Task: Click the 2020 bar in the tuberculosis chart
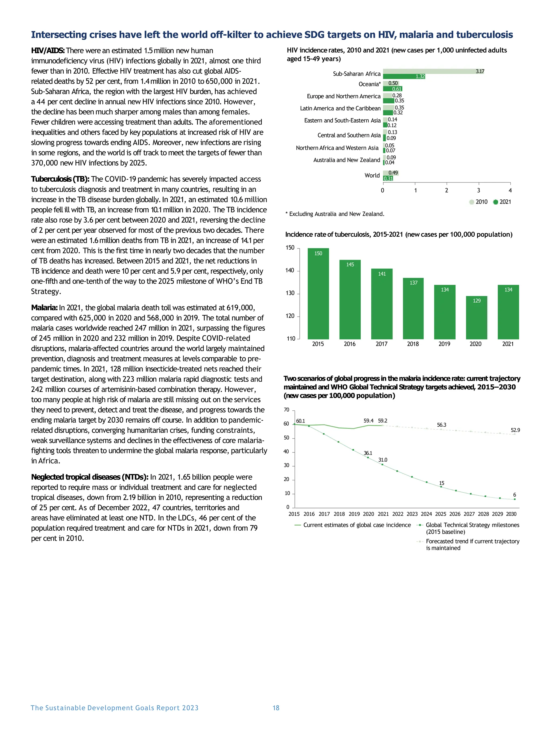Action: (x=476, y=317)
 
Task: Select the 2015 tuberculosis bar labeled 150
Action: (x=318, y=294)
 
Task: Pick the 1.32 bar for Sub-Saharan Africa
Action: (x=403, y=77)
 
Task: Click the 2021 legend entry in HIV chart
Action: (x=502, y=202)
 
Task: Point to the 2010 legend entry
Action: (x=478, y=202)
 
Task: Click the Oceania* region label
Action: (x=369, y=84)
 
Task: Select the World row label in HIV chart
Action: (x=372, y=175)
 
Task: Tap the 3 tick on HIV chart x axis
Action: (x=478, y=190)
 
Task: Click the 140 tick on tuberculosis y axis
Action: (x=290, y=271)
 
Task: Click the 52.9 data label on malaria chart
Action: (x=515, y=430)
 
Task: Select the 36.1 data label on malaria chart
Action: (x=368, y=453)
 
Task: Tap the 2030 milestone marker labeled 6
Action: (x=515, y=499)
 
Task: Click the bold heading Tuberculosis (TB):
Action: (x=60, y=179)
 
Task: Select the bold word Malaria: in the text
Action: (x=44, y=307)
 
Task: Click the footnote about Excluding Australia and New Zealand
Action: (x=335, y=214)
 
